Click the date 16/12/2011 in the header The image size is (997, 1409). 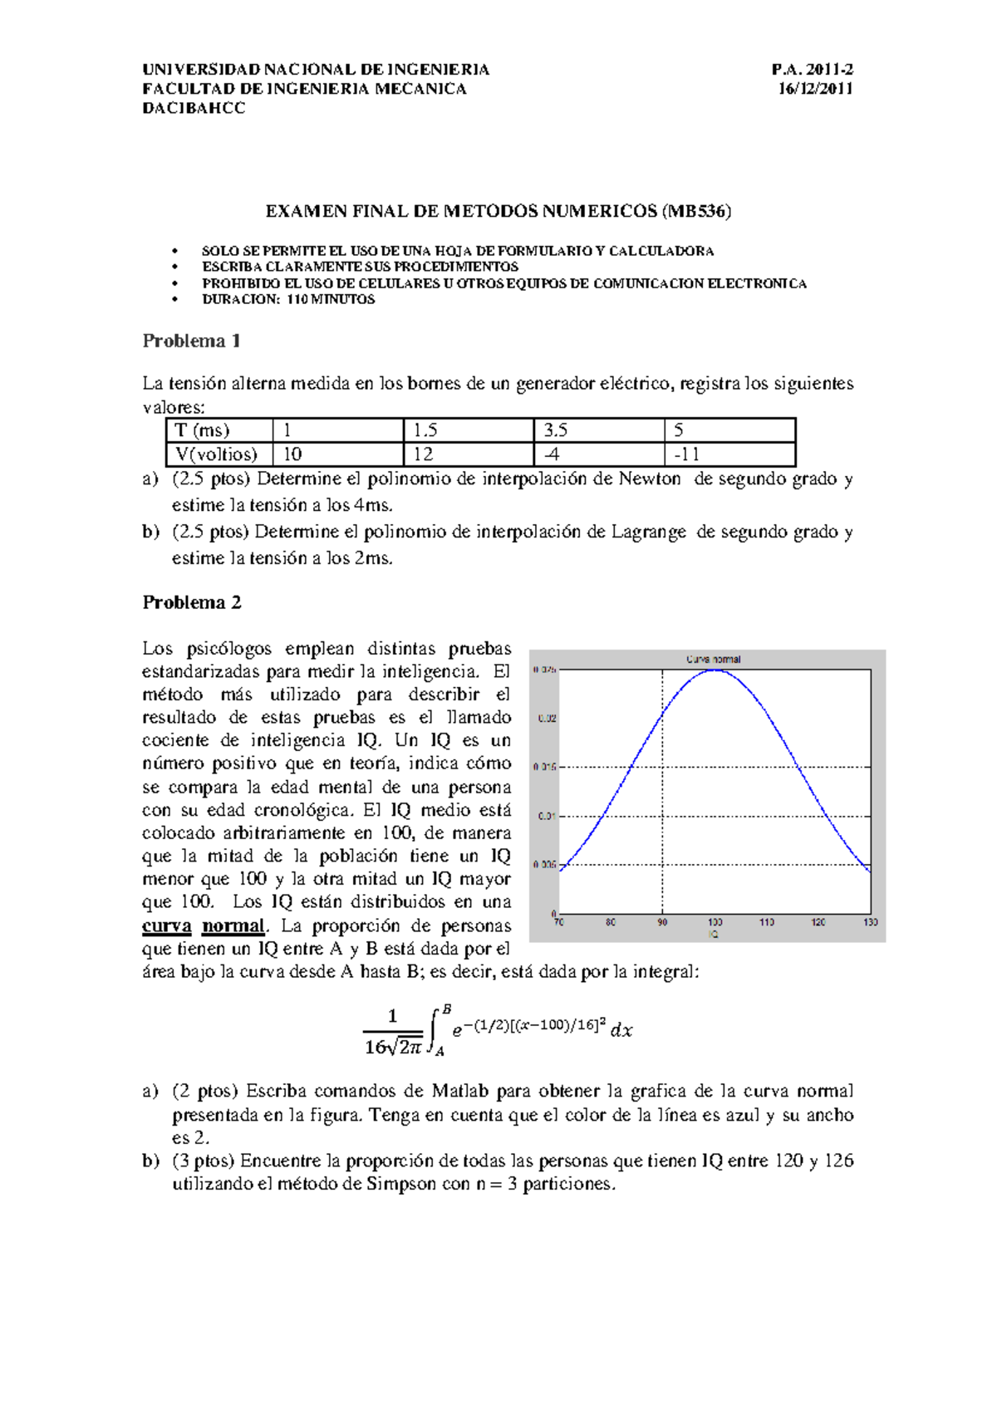[x=815, y=89]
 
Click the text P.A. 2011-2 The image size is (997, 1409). [x=812, y=70]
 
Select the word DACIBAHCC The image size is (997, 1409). [x=194, y=109]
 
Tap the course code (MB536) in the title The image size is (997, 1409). [x=696, y=211]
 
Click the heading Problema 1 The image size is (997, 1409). [x=191, y=341]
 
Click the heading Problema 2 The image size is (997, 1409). [x=191, y=602]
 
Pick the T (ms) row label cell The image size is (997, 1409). [x=202, y=430]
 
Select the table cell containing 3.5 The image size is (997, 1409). [x=556, y=430]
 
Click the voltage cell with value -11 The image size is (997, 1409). [x=686, y=454]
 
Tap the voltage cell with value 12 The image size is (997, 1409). [x=423, y=454]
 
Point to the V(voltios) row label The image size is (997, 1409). [x=217, y=454]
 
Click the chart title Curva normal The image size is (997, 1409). [x=713, y=659]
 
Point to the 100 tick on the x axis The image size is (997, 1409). [x=715, y=922]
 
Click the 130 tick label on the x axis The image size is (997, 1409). [x=870, y=922]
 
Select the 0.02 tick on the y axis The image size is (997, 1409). [x=547, y=719]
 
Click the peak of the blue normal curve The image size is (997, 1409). [x=715, y=670]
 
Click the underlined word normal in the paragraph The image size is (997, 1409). [x=233, y=925]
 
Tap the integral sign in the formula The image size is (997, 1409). [x=434, y=1031]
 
